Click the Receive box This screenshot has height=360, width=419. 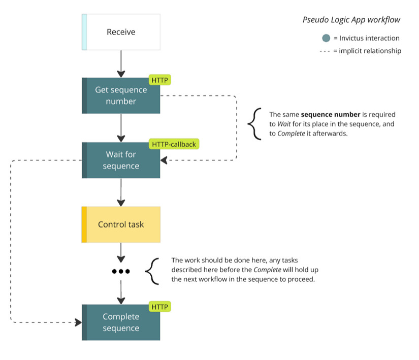pyautogui.click(x=121, y=32)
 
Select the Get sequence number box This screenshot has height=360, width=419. pyautogui.click(x=121, y=95)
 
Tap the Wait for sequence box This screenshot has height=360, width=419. pyautogui.click(x=121, y=160)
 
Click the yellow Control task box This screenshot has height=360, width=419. pyautogui.click(x=121, y=224)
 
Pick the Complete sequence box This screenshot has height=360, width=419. pyautogui.click(x=121, y=322)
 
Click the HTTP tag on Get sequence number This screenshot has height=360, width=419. pyautogui.click(x=159, y=80)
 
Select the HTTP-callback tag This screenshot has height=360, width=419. pyautogui.click(x=173, y=144)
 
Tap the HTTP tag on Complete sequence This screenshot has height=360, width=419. pyautogui.click(x=159, y=307)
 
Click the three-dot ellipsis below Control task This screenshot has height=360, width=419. pyautogui.click(x=121, y=271)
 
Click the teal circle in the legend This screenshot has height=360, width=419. pyautogui.click(x=326, y=38)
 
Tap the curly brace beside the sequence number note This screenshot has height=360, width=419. pyautogui.click(x=254, y=123)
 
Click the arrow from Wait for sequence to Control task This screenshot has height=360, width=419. pyautogui.click(x=121, y=192)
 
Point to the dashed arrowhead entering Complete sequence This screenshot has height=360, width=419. pyautogui.click(x=78, y=322)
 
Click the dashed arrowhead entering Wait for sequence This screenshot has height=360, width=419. pyautogui.click(x=164, y=160)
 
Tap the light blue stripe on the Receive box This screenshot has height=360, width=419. pyautogui.click(x=84, y=32)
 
